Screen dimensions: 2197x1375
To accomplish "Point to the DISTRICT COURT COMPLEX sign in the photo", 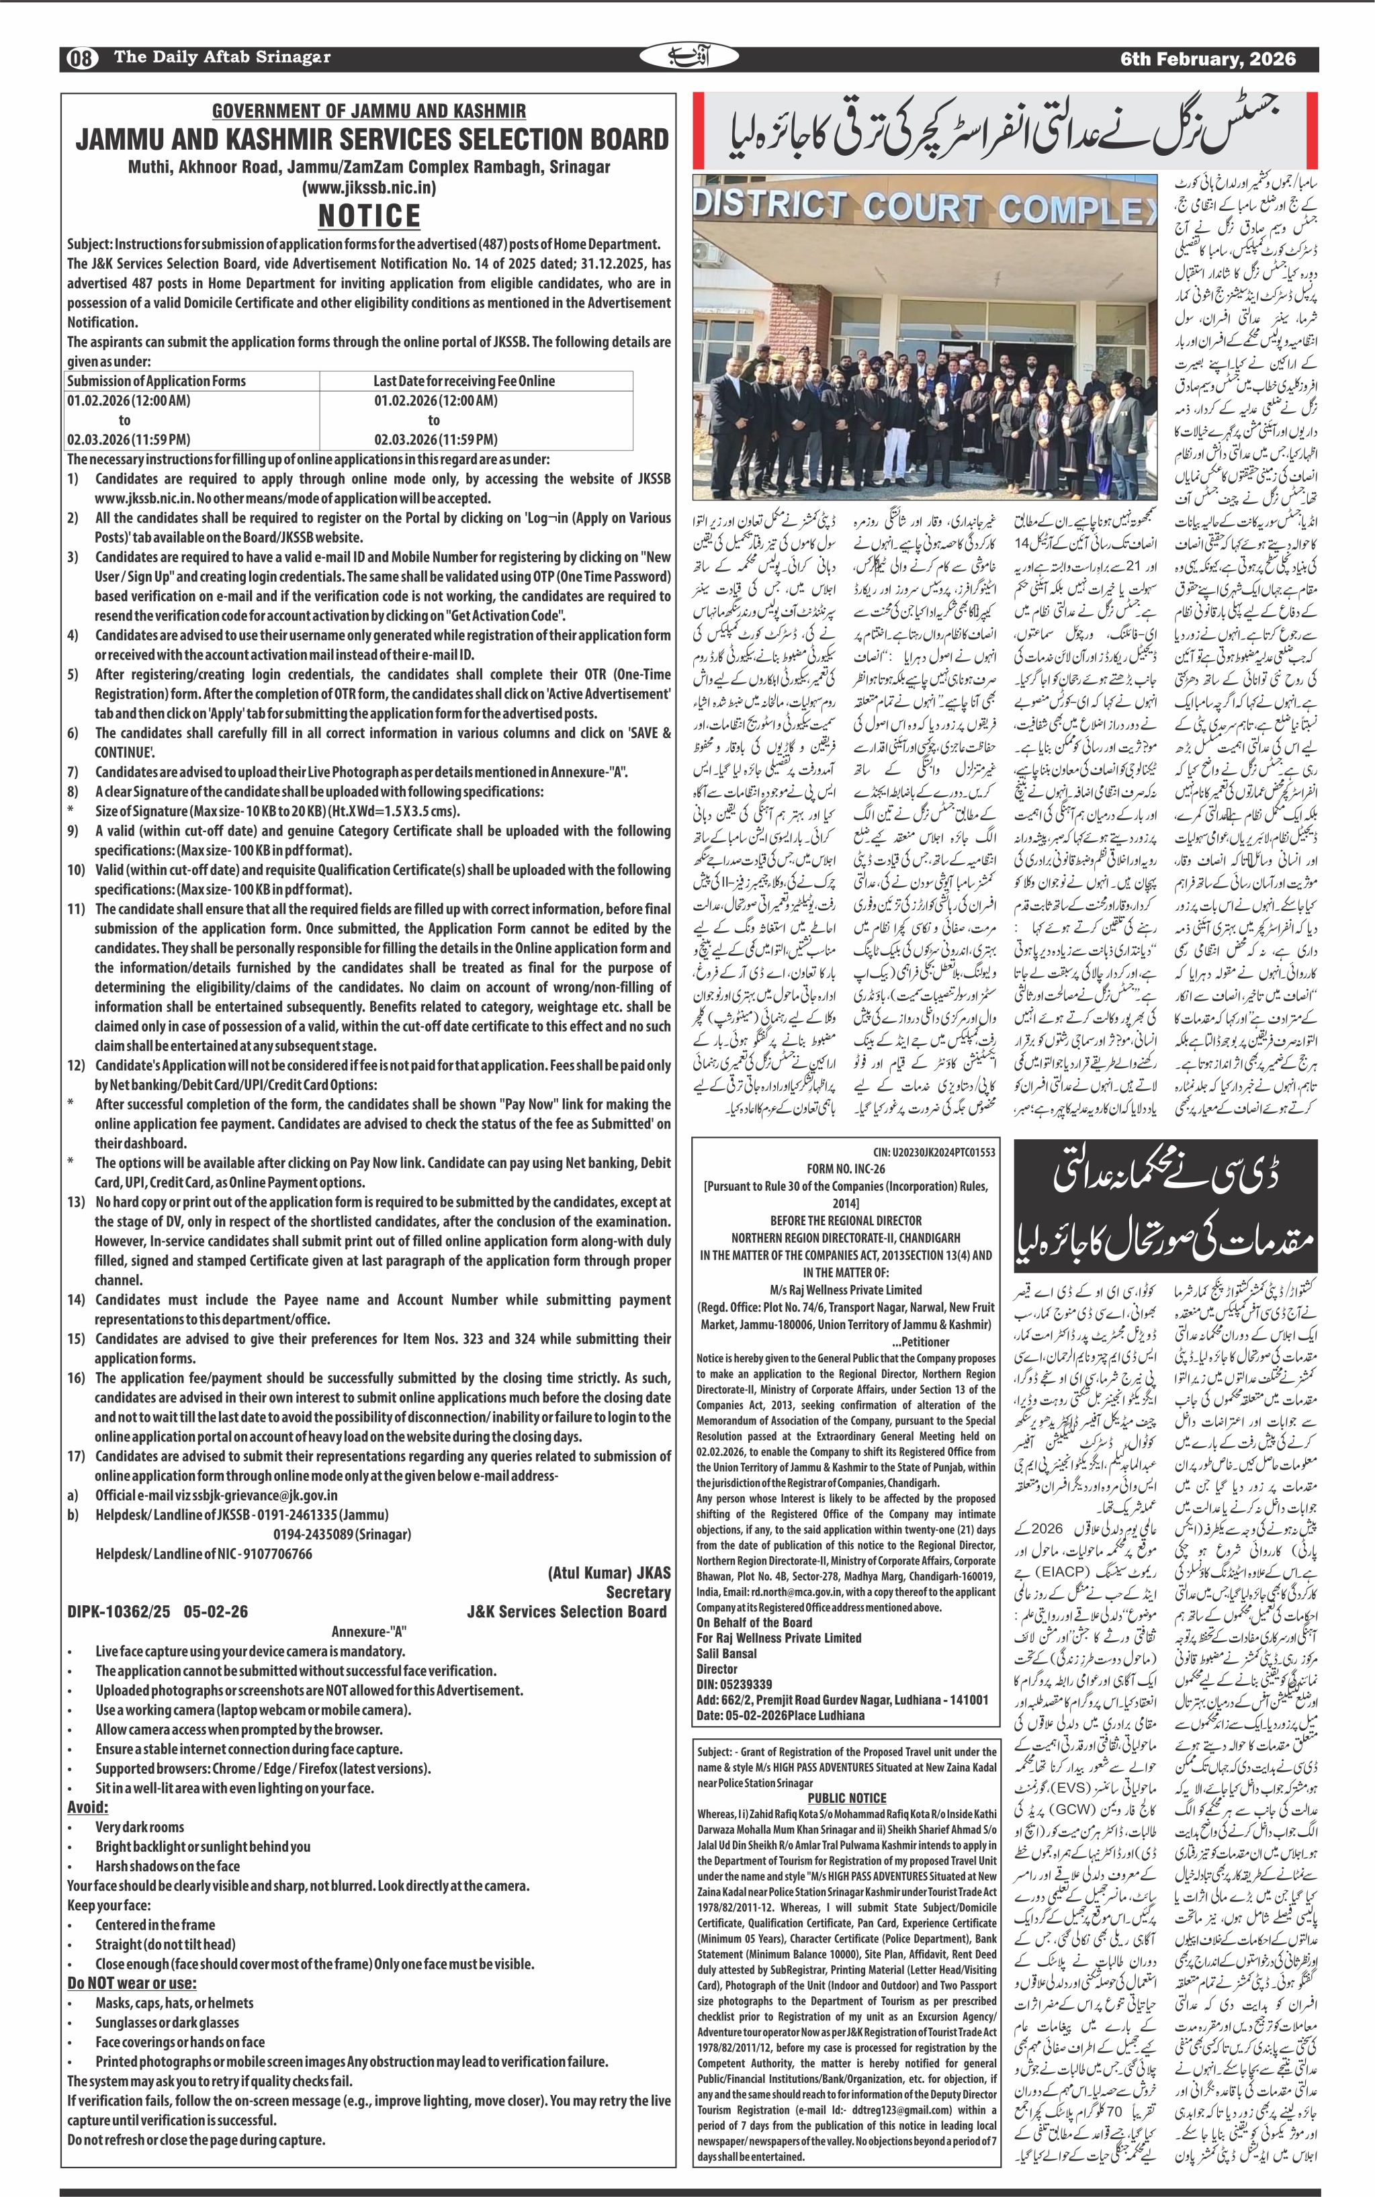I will tap(918, 208).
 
